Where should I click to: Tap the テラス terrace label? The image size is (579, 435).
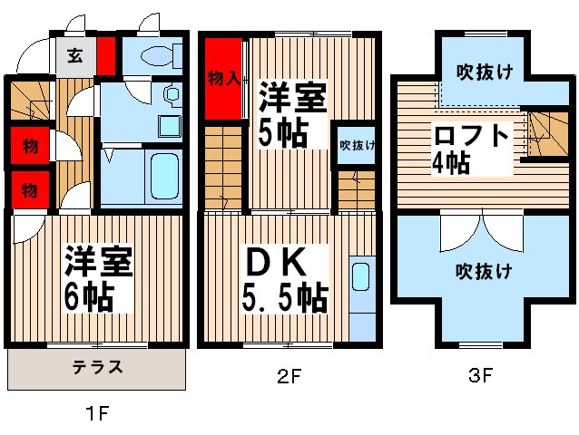97,367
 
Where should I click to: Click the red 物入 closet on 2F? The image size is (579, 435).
223,80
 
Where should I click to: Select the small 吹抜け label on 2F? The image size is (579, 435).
357,144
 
